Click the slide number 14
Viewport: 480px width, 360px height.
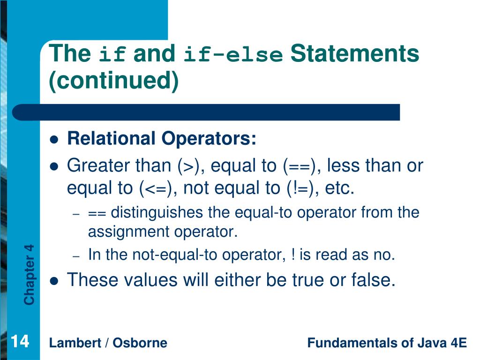coord(20,341)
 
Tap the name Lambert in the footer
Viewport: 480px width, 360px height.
coord(75,343)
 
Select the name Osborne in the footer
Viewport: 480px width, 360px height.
coord(140,343)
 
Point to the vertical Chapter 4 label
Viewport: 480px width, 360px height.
coord(30,275)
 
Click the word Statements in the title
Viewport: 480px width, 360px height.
coord(354,53)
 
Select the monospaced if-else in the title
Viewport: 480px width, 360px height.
coord(233,54)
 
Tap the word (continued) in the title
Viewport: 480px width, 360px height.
coord(113,80)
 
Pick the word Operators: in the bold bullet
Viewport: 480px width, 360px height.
coord(209,139)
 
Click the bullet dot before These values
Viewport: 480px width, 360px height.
coord(54,281)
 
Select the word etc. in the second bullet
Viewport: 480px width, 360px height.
coord(339,188)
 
